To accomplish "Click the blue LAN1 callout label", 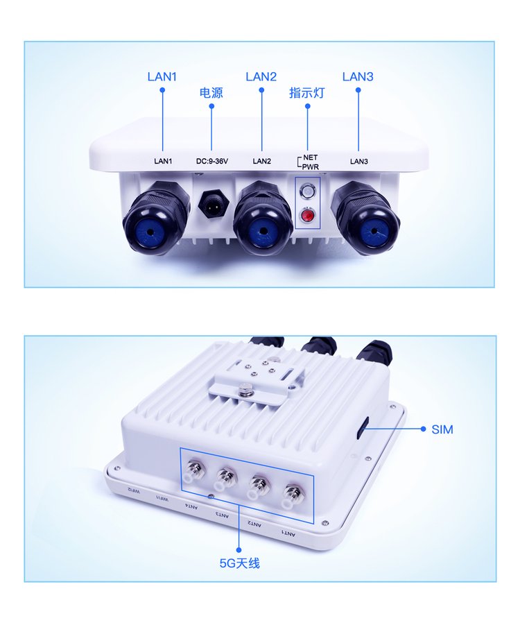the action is coord(162,76).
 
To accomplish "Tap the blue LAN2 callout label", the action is coord(261,76).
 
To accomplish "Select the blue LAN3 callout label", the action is coord(358,76).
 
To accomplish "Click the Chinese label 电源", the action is coord(211,93).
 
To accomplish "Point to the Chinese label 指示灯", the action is coord(307,93).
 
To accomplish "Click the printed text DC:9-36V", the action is coord(212,162).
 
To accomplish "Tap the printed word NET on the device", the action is coord(311,158).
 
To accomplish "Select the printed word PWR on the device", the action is coord(311,166).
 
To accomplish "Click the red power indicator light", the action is coord(307,216).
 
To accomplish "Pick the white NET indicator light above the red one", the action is coord(307,193).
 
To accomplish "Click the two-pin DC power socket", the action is coord(213,204).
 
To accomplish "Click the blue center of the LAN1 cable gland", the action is coord(150,232).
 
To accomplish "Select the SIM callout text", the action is coord(442,429).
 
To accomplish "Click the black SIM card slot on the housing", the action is coord(363,427).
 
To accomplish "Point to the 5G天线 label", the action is coord(239,564).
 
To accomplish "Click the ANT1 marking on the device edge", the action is coord(288,533).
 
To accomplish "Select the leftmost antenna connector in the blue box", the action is coord(193,469).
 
